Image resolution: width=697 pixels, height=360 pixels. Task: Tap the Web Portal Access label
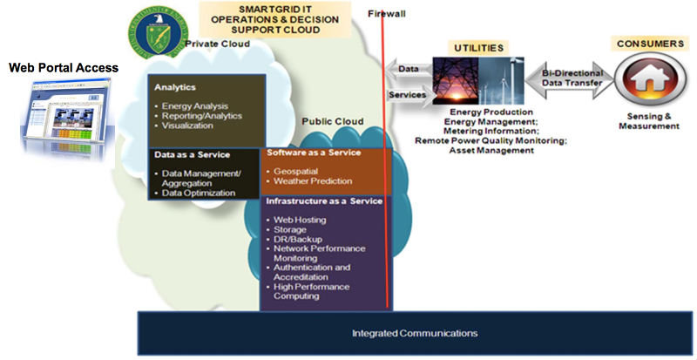[x=64, y=67]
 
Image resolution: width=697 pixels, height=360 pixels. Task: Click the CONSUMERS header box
[x=649, y=43]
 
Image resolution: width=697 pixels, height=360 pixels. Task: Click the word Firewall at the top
[x=387, y=13]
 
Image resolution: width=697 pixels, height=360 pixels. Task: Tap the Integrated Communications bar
[x=415, y=333]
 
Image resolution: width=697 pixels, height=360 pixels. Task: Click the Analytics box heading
[x=174, y=87]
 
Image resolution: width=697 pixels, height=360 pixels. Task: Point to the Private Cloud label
[x=220, y=44]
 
